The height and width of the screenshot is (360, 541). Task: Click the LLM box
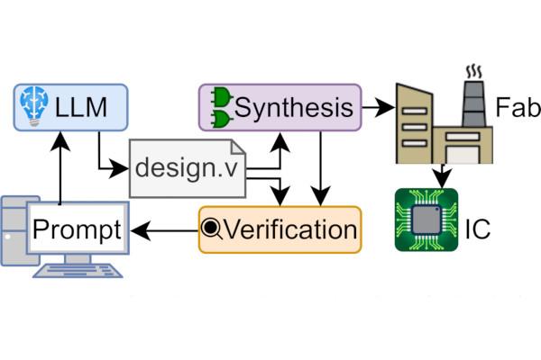click(71, 108)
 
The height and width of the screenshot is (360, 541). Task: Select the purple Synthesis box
click(280, 108)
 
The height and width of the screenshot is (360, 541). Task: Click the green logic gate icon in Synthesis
click(220, 108)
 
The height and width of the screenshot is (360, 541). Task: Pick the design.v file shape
click(188, 168)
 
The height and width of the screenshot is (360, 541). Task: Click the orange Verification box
click(280, 229)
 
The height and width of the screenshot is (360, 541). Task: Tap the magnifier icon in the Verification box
click(212, 230)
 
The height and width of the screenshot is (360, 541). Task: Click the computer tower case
click(15, 229)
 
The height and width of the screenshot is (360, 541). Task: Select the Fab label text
click(517, 110)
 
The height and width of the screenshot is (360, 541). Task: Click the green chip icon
click(426, 219)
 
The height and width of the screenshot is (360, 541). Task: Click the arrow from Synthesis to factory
click(379, 108)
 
